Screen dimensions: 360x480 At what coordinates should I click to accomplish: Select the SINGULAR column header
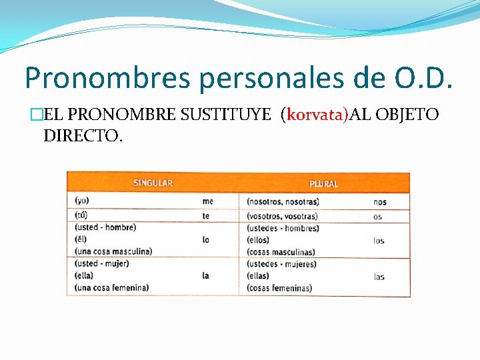(153, 183)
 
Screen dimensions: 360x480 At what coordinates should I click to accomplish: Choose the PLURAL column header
(323, 183)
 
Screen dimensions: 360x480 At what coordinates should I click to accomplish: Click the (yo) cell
(82, 200)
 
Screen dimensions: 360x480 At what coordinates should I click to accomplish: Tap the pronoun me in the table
(208, 201)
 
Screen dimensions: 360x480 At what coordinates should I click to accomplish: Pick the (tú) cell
(81, 215)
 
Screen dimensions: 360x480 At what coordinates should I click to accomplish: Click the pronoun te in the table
(206, 216)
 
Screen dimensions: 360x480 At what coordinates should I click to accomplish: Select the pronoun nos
(379, 201)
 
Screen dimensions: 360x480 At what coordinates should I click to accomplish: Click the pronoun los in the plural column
(379, 241)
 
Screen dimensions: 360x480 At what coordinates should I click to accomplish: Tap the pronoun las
(379, 277)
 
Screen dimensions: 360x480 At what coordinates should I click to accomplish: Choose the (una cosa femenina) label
(112, 288)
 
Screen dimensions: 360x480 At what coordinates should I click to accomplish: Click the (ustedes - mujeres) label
(282, 264)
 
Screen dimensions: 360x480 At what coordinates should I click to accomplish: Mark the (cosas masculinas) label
(281, 252)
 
